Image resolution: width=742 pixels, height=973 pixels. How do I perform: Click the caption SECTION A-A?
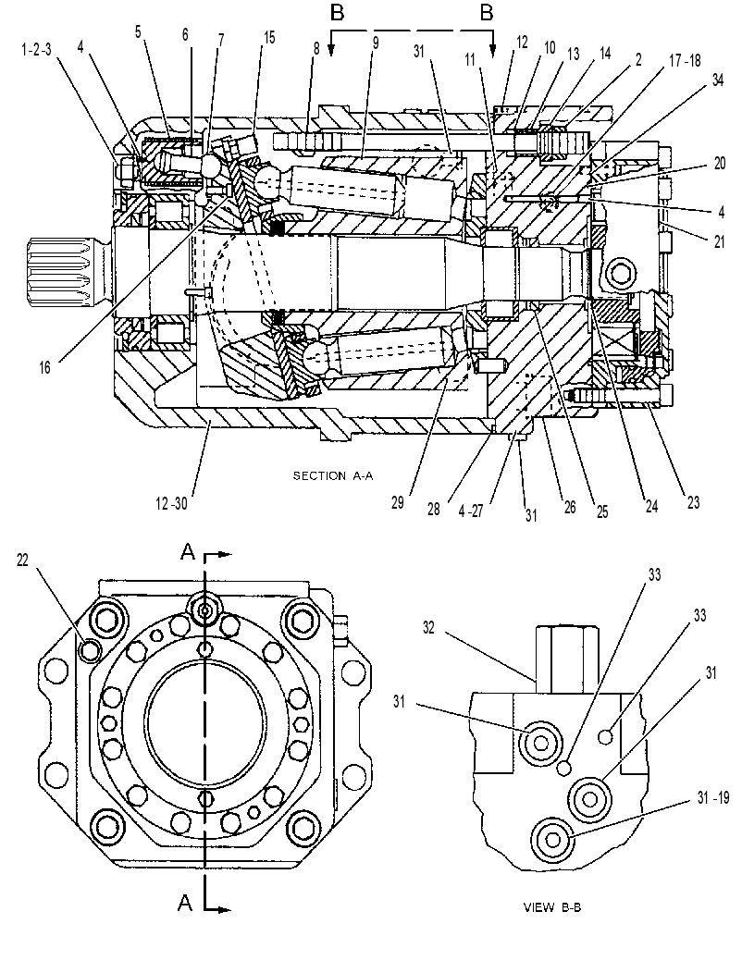333,476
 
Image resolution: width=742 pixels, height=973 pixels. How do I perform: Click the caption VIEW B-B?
552,908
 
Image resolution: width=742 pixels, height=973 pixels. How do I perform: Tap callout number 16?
44,367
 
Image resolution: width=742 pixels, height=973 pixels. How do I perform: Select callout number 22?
22,560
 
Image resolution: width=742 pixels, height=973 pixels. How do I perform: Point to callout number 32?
428,627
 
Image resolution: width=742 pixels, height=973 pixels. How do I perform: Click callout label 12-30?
171,503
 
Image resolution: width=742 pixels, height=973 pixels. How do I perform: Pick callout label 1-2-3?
36,50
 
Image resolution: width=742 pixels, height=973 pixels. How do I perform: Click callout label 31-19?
712,798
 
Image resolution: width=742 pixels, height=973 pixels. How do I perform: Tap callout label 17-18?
685,60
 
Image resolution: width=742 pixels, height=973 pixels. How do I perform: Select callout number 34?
718,80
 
